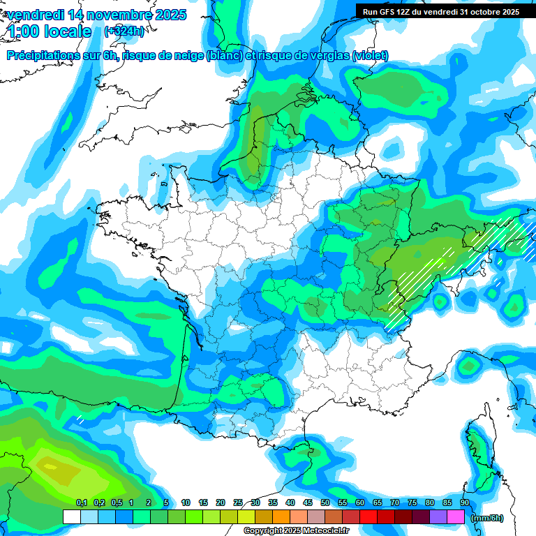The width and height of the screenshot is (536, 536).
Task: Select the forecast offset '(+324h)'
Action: click(124, 31)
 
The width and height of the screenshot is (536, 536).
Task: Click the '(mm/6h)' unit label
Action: click(488, 517)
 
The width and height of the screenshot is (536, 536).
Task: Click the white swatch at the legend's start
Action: click(72, 517)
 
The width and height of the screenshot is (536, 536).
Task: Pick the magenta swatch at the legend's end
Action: click(456, 517)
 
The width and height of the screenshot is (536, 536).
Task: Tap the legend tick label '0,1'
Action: click(82, 502)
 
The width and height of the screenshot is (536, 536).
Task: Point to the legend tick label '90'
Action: click(465, 502)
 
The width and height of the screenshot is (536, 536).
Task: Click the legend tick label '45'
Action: click(308, 502)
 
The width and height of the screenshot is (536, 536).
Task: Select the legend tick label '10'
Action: click(186, 502)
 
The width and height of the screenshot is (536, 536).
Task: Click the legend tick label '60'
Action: click(360, 502)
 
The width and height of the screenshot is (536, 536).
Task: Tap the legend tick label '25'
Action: click(238, 502)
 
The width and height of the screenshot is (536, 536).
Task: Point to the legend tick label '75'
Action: click(412, 502)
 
